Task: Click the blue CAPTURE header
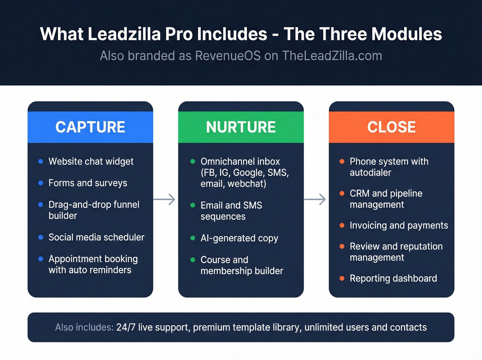(x=90, y=127)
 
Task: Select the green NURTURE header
(x=241, y=127)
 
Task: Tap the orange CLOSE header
(x=391, y=127)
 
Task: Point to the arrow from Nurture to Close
(x=315, y=199)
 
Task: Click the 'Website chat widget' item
(x=91, y=161)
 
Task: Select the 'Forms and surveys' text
(x=88, y=183)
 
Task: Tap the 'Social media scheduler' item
(x=96, y=237)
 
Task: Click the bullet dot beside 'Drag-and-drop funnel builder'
(x=41, y=205)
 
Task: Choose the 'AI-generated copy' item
(x=239, y=238)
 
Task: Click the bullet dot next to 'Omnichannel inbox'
(x=193, y=161)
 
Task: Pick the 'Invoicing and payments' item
(x=399, y=225)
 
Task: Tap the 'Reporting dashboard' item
(x=393, y=278)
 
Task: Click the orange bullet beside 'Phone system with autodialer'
(x=342, y=161)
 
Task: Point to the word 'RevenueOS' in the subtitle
(x=228, y=56)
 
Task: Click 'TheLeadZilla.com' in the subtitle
(x=332, y=56)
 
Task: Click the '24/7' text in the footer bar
(x=126, y=327)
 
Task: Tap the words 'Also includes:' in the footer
(x=84, y=327)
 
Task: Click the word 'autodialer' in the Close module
(x=370, y=172)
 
